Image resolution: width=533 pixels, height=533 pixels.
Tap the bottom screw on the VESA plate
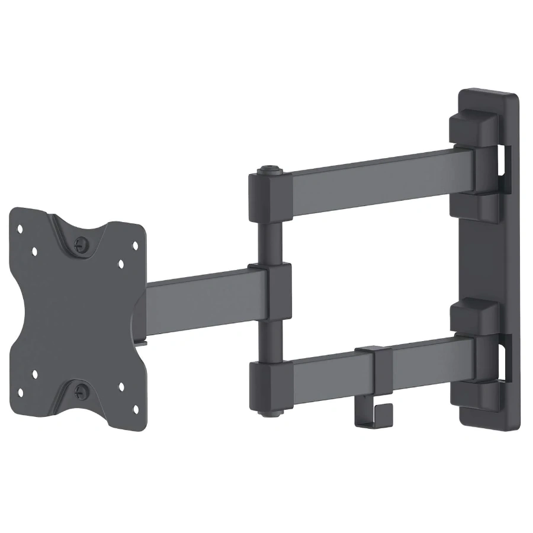81,391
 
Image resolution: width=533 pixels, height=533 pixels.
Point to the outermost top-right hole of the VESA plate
134,243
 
